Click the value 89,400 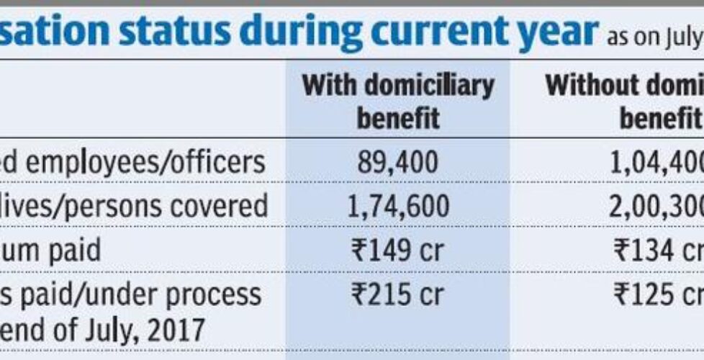pyautogui.click(x=397, y=164)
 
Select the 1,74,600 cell pyautogui.click(x=397, y=207)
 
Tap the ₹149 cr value pyautogui.click(x=397, y=251)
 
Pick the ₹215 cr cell pyautogui.click(x=397, y=294)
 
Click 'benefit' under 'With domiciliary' pyautogui.click(x=397, y=117)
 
